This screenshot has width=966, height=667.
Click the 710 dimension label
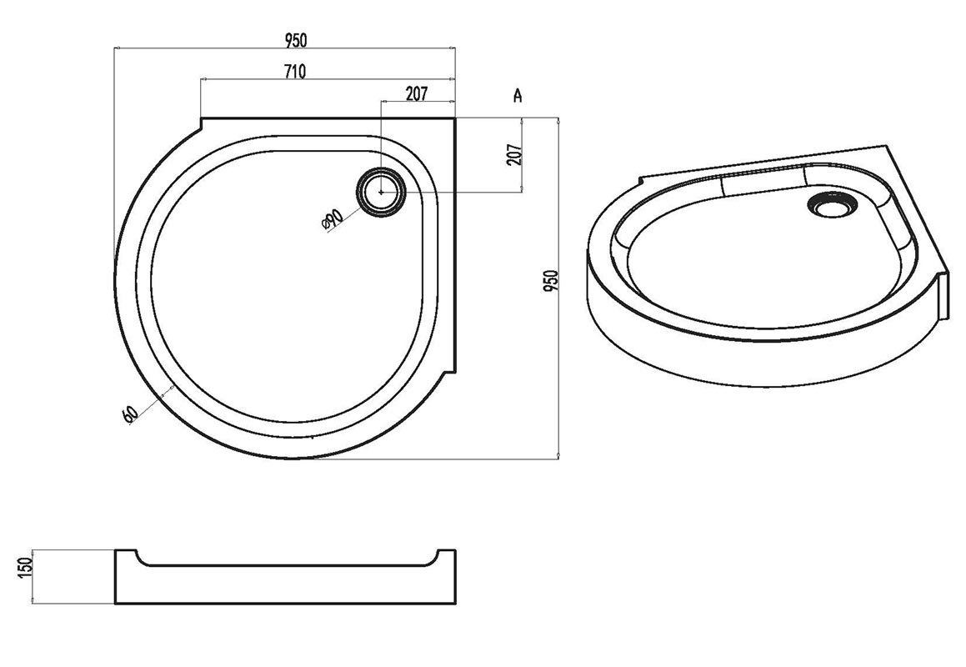pyautogui.click(x=295, y=72)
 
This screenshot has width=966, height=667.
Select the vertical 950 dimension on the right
pyautogui.click(x=552, y=281)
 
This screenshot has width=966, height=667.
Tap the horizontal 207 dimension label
pyautogui.click(x=417, y=93)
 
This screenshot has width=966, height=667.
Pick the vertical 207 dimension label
pyautogui.click(x=514, y=155)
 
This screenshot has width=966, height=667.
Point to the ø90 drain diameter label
pyautogui.click(x=333, y=219)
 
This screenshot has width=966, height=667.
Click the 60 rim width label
pyautogui.click(x=130, y=414)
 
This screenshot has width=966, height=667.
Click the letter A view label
pyautogui.click(x=518, y=95)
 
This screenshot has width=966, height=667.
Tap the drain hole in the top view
pyautogui.click(x=382, y=192)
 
